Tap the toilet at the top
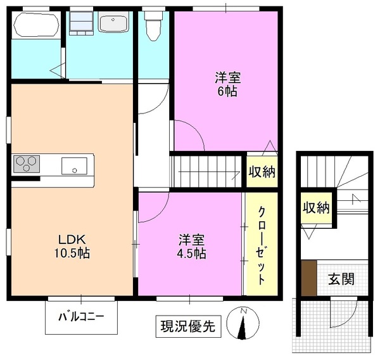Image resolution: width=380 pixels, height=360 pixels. pos(152,27)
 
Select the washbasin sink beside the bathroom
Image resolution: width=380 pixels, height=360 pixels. pos(114,24)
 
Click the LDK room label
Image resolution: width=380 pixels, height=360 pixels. pos(73,240)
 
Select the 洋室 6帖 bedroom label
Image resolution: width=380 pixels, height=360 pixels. pos(226,84)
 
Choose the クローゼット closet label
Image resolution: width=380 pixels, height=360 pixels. pos(260,244)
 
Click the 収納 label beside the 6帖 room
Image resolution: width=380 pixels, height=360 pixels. pos(262,171)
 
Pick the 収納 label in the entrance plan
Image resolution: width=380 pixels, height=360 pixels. pos(315,207)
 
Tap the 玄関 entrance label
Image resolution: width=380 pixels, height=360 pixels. pos(341,278)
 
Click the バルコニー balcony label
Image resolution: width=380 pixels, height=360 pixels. pos(81,316)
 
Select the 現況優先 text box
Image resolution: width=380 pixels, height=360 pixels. pos(187,326)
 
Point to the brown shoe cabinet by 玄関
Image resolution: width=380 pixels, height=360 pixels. pos(308,278)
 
